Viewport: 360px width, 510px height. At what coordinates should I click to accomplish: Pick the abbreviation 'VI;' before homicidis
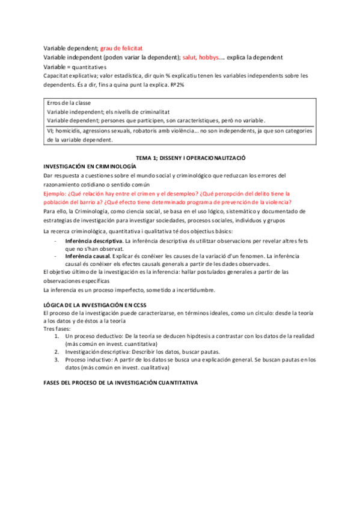click(50, 131)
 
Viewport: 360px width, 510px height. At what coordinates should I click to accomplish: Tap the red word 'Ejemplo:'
click(56, 194)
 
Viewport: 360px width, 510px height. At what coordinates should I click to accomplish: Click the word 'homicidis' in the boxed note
click(69, 131)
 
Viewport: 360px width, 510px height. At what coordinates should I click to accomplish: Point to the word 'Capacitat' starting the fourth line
click(57, 76)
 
